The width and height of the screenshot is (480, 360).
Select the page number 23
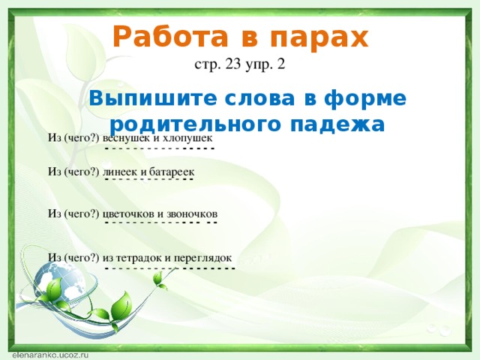pyautogui.click(x=232, y=64)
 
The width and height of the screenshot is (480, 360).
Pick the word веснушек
pyautogui.click(x=127, y=138)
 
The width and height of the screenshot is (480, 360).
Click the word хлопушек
pyautogui.click(x=187, y=139)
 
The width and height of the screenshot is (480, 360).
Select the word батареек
pyautogui.click(x=172, y=172)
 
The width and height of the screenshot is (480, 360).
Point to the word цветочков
pyautogui.click(x=128, y=214)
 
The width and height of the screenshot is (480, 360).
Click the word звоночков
pyautogui.click(x=192, y=214)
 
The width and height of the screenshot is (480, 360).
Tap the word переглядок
pyautogui.click(x=203, y=258)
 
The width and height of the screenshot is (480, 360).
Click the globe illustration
pyautogui.click(x=59, y=280)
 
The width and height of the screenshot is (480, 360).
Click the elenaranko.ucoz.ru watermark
pyautogui.click(x=50, y=355)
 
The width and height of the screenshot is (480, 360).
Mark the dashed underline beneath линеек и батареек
pyautogui.click(x=149, y=178)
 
